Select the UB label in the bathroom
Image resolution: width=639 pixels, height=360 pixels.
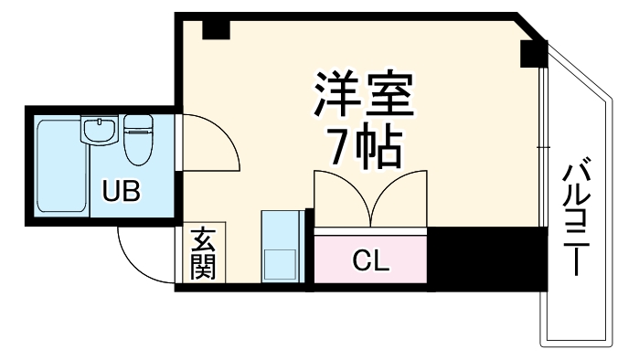pos(121,192)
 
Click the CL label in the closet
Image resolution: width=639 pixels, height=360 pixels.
pos(371,260)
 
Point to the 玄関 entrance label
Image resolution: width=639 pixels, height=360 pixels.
pos(202,257)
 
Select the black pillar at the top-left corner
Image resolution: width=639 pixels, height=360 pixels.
pos(215,27)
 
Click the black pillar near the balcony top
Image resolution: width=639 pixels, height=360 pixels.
pos(533,55)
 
